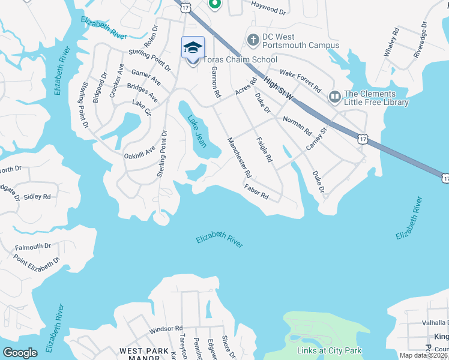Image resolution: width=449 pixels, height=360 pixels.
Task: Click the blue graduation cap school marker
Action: coord(193,48)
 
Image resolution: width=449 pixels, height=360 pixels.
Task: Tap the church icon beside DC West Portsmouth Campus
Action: coord(253,40)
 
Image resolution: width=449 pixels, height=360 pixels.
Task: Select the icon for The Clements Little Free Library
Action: coord(334,96)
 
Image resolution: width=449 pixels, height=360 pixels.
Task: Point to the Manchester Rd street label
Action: coord(238,158)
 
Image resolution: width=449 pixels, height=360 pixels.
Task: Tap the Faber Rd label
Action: coord(256,192)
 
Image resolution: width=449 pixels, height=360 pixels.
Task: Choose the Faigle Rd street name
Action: coord(264,150)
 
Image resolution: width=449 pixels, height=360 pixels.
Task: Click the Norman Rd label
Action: coord(298,125)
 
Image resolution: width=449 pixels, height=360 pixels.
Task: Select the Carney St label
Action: coord(316,139)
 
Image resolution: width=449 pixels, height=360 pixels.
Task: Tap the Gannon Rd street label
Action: coord(215,82)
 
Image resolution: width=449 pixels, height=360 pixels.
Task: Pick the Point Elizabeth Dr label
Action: coord(37,260)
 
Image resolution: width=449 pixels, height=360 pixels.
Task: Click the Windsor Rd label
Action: coord(166,329)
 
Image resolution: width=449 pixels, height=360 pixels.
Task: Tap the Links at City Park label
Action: coord(329,350)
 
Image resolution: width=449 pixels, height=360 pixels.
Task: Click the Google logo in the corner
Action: coord(20,352)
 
